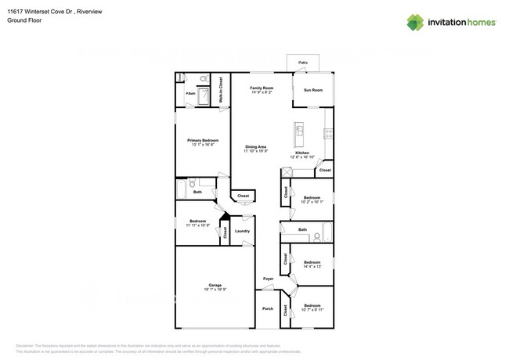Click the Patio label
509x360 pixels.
[303, 62]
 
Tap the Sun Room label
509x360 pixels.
[312, 90]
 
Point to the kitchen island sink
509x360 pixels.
[299, 128]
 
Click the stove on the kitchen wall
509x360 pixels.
[329, 133]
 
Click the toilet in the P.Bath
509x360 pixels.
[204, 79]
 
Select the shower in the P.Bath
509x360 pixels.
[202, 96]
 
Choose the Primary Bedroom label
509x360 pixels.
[202, 142]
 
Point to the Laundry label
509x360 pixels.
[242, 231]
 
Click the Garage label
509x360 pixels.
[215, 285]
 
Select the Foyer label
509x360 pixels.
[268, 279]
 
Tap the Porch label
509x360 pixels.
[268, 308]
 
